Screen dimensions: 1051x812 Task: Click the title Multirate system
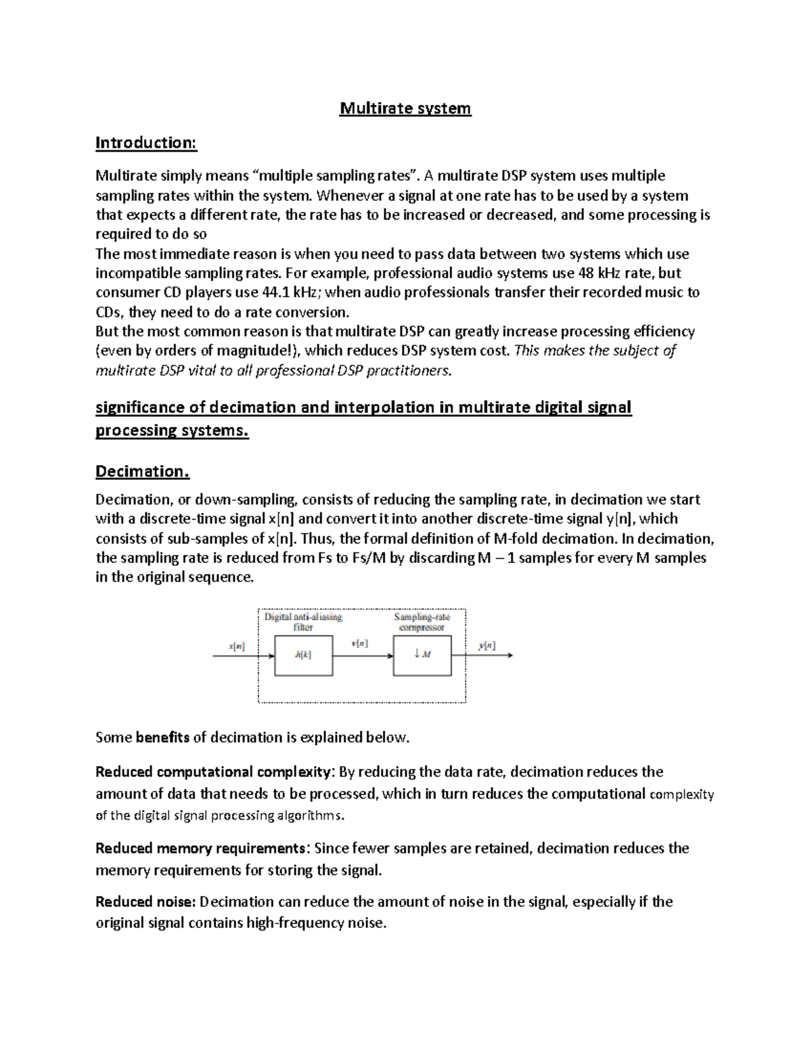405,108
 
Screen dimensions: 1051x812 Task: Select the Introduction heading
145,143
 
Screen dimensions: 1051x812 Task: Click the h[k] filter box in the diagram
303,655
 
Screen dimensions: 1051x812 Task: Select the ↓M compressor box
422,655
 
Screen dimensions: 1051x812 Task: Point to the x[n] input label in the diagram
237,646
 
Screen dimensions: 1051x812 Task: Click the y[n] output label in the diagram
487,646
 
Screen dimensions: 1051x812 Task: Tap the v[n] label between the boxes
360,644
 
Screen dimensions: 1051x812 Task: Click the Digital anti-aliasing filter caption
303,622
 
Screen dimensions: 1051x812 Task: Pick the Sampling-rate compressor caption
422,622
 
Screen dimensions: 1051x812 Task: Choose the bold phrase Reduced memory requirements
201,849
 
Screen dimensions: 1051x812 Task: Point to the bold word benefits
162,738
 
